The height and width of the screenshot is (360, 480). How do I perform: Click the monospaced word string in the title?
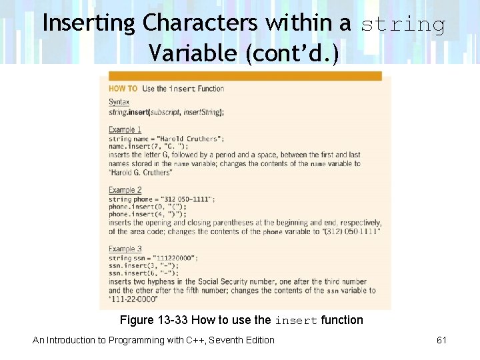point(403,25)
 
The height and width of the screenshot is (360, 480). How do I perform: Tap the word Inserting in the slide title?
point(89,23)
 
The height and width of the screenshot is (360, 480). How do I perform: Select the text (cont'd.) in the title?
point(292,52)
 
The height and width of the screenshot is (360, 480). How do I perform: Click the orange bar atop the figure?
point(245,76)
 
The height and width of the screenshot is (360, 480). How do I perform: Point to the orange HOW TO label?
point(123,89)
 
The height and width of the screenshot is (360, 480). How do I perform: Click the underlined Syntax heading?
point(119,102)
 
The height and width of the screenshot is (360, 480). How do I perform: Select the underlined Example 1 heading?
point(125,129)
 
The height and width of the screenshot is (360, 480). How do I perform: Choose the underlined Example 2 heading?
point(125,190)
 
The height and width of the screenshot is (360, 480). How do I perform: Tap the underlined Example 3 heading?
point(125,249)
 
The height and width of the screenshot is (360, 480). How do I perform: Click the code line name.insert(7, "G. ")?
point(149,147)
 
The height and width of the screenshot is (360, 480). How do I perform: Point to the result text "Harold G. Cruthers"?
point(141,173)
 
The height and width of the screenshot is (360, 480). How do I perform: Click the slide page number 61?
point(441,340)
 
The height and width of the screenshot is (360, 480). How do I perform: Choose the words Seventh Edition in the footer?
point(244,340)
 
